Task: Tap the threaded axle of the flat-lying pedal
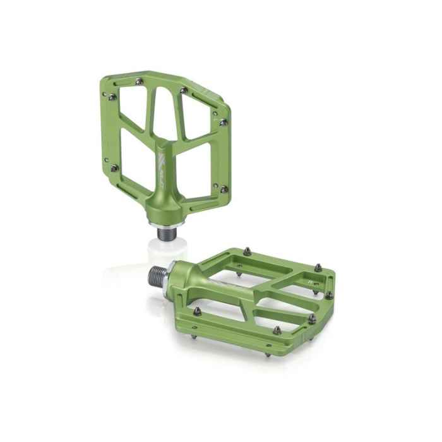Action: point(157,276)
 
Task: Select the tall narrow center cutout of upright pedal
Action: point(164,117)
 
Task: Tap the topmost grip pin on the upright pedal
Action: point(139,81)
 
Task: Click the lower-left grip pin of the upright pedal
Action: point(114,168)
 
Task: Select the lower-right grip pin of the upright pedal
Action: point(223,189)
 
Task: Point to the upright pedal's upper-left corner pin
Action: point(112,97)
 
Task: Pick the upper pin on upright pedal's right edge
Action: point(223,122)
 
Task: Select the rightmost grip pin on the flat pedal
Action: point(329,294)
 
